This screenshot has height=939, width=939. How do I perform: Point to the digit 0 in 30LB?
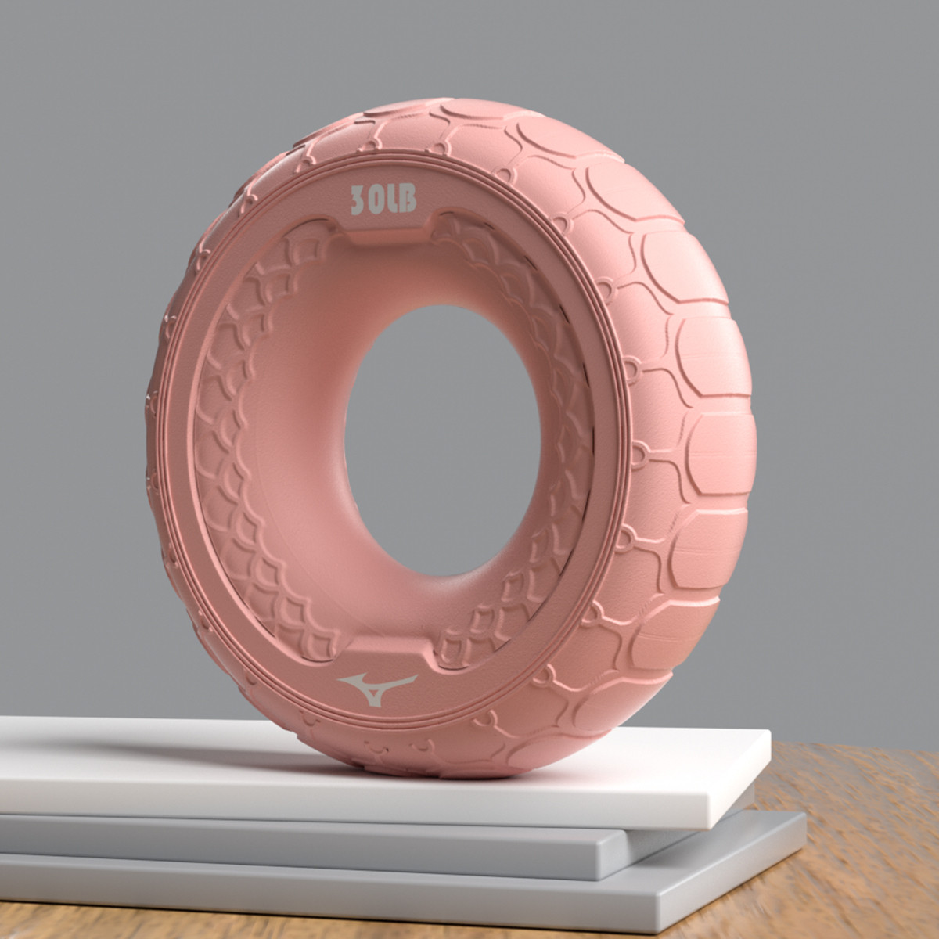376,199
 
